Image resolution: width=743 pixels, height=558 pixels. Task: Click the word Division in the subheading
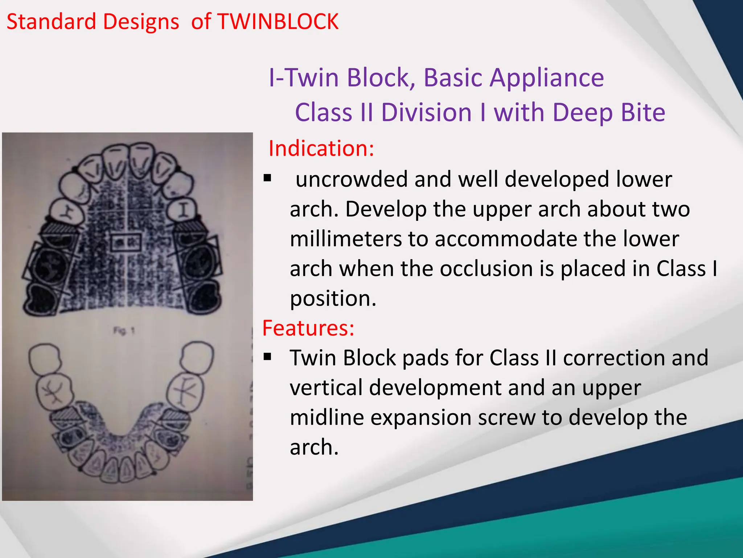click(x=427, y=112)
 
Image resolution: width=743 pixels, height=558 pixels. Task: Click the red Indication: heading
click(x=321, y=149)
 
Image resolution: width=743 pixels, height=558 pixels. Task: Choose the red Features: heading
click(x=308, y=328)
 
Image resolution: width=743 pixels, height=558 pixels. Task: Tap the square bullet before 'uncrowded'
click(x=268, y=178)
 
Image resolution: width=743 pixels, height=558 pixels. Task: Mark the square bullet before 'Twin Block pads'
click(x=268, y=357)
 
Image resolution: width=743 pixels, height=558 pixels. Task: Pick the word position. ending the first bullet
click(x=333, y=299)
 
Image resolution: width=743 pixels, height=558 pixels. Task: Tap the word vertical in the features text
click(x=326, y=388)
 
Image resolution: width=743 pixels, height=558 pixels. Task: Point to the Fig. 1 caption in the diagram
click(x=124, y=331)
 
